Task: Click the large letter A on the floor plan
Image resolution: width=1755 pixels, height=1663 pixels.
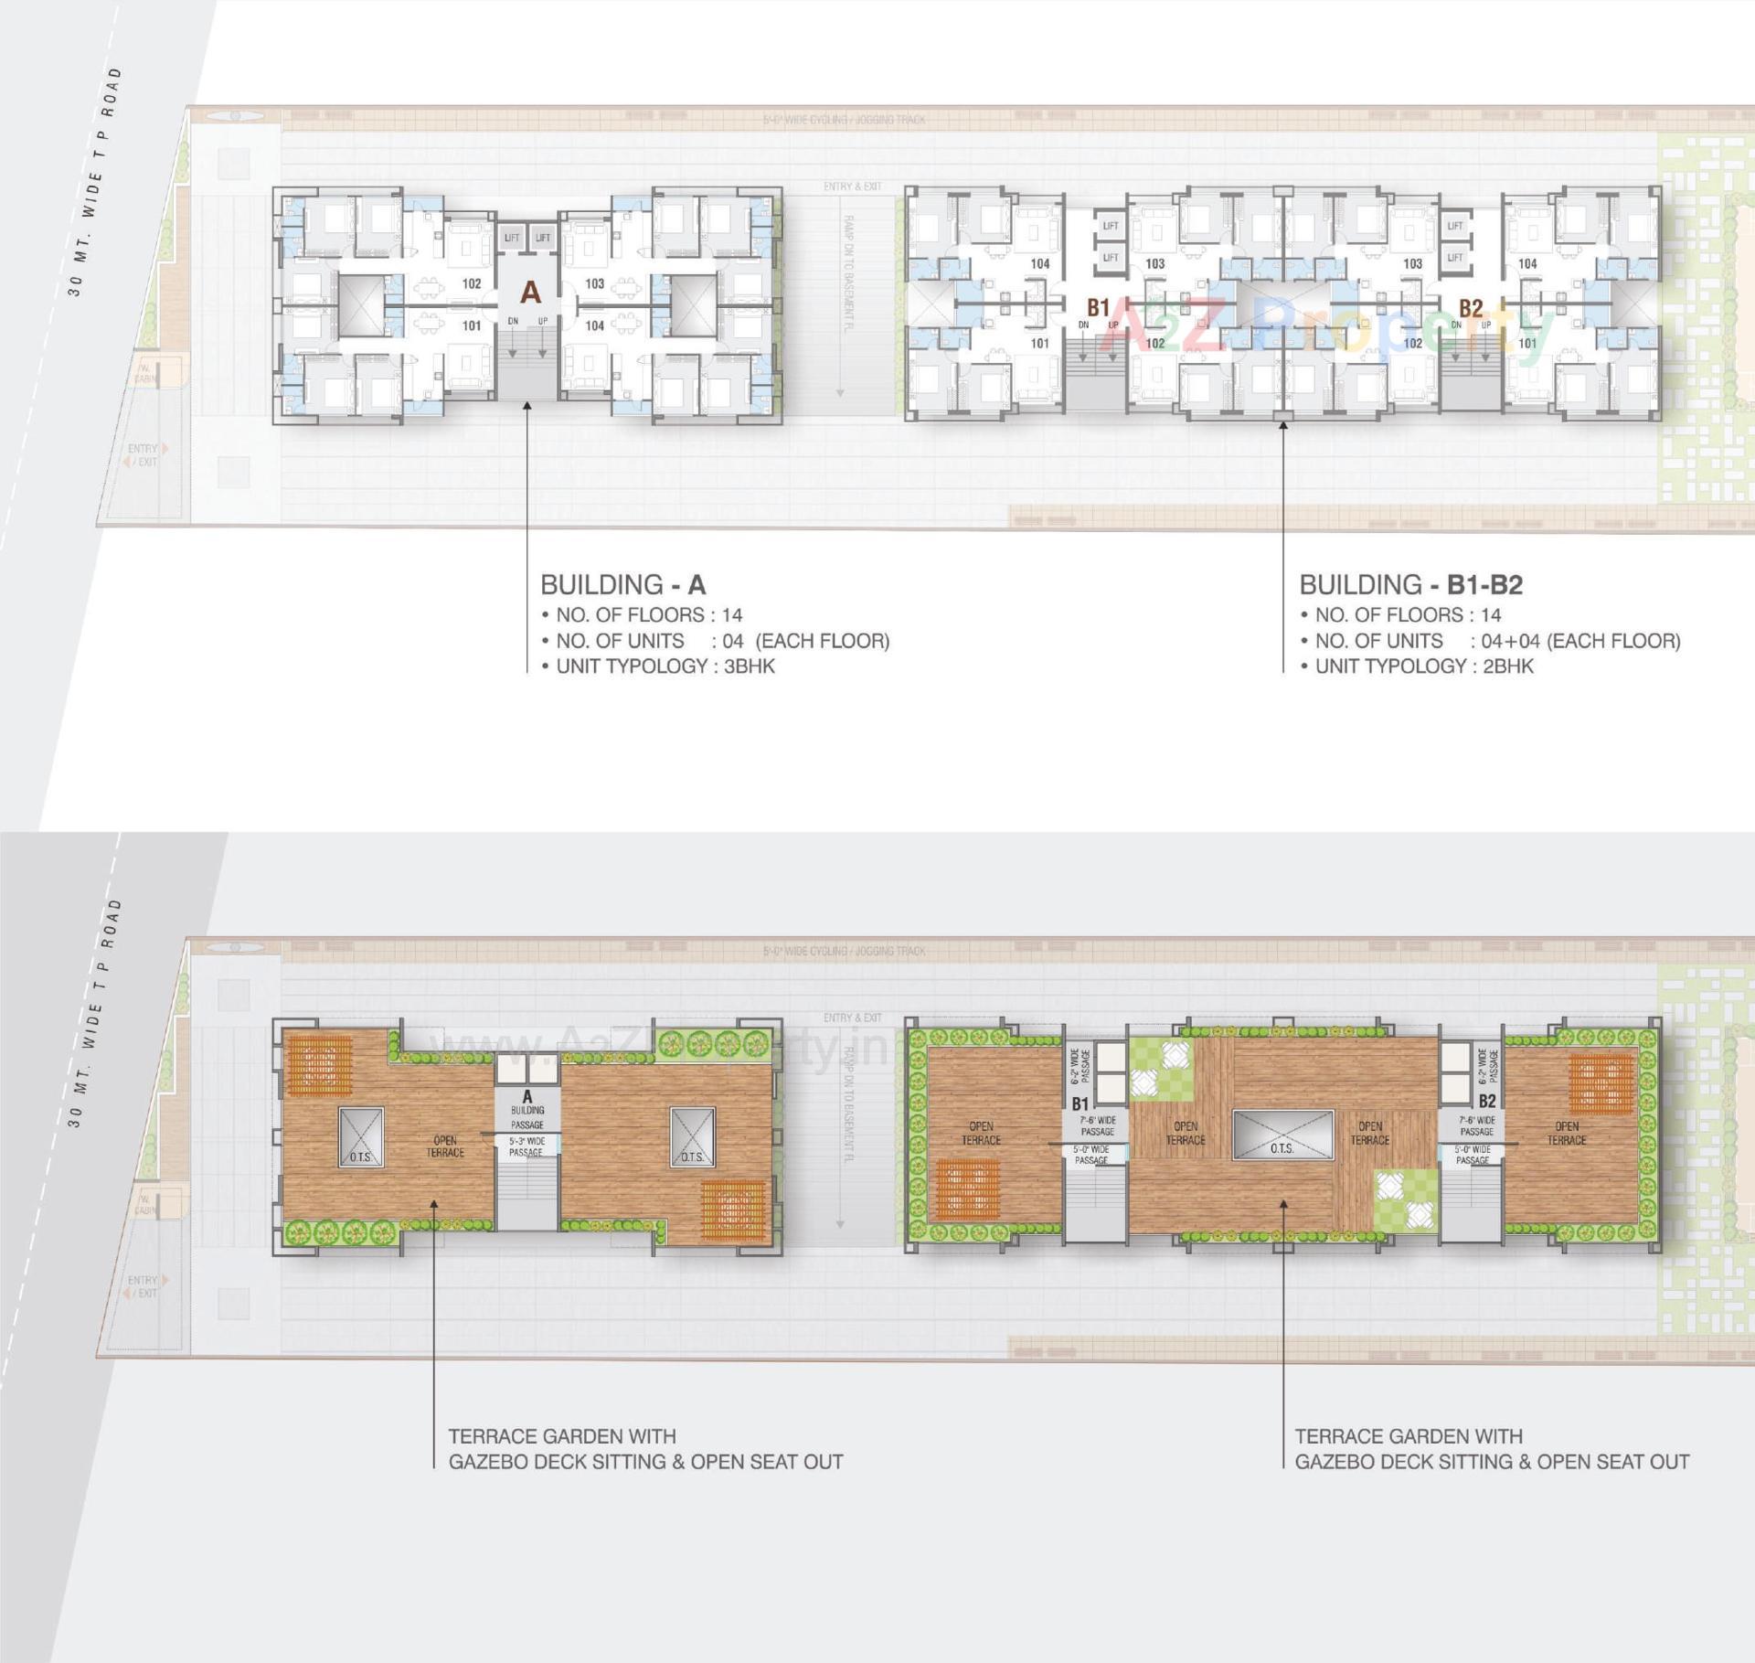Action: click(530, 293)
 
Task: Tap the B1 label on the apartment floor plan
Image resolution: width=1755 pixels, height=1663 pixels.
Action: click(1098, 307)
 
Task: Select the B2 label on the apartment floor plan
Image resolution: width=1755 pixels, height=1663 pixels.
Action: click(1470, 308)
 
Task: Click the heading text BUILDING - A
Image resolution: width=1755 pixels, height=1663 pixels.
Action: click(622, 585)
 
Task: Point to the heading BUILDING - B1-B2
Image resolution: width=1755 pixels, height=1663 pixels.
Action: click(1410, 585)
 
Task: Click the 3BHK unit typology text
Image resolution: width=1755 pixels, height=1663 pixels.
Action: click(749, 666)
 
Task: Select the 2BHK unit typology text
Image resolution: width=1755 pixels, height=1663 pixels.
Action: click(1507, 666)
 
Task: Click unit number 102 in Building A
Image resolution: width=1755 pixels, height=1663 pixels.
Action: click(472, 284)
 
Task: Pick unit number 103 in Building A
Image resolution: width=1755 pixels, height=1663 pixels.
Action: click(595, 284)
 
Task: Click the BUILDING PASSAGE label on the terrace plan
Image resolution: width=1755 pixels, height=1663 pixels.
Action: click(527, 1117)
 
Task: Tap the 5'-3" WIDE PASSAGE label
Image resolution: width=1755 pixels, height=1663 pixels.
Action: click(526, 1146)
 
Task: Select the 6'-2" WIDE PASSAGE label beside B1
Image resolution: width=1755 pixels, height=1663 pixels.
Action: click(1080, 1066)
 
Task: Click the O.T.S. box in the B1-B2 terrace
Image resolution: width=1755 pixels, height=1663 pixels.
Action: click(1282, 1135)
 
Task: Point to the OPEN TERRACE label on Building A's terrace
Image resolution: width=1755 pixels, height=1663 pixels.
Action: click(445, 1146)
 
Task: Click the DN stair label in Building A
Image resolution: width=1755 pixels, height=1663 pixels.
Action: click(513, 322)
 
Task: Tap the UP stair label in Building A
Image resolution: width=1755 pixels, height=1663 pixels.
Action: click(543, 322)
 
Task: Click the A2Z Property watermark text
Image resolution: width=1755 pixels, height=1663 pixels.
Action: click(1325, 329)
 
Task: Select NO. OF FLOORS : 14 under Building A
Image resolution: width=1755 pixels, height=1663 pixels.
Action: click(649, 615)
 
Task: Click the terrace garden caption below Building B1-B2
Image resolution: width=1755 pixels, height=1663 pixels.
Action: click(1491, 1449)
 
